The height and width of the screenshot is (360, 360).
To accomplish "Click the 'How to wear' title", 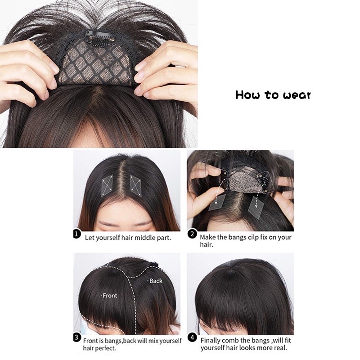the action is click(x=273, y=95).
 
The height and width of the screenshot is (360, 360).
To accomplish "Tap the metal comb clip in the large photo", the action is click(x=99, y=39).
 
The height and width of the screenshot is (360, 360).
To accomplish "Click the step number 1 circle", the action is click(x=77, y=234).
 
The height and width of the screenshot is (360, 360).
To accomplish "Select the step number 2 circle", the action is click(x=192, y=234).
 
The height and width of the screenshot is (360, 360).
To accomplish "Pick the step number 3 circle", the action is click(x=76, y=337).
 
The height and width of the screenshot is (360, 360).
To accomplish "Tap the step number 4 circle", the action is click(x=192, y=337).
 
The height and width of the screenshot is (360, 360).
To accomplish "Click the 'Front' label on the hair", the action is click(x=109, y=296).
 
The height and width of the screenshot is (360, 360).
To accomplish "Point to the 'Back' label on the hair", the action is click(x=155, y=281).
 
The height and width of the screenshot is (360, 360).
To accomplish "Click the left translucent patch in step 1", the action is click(x=107, y=186).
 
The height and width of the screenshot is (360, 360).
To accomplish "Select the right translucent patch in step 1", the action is click(x=136, y=186).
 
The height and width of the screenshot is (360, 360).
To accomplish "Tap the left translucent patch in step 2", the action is click(x=217, y=202).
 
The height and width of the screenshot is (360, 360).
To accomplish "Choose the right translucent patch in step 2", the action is click(x=256, y=204).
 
